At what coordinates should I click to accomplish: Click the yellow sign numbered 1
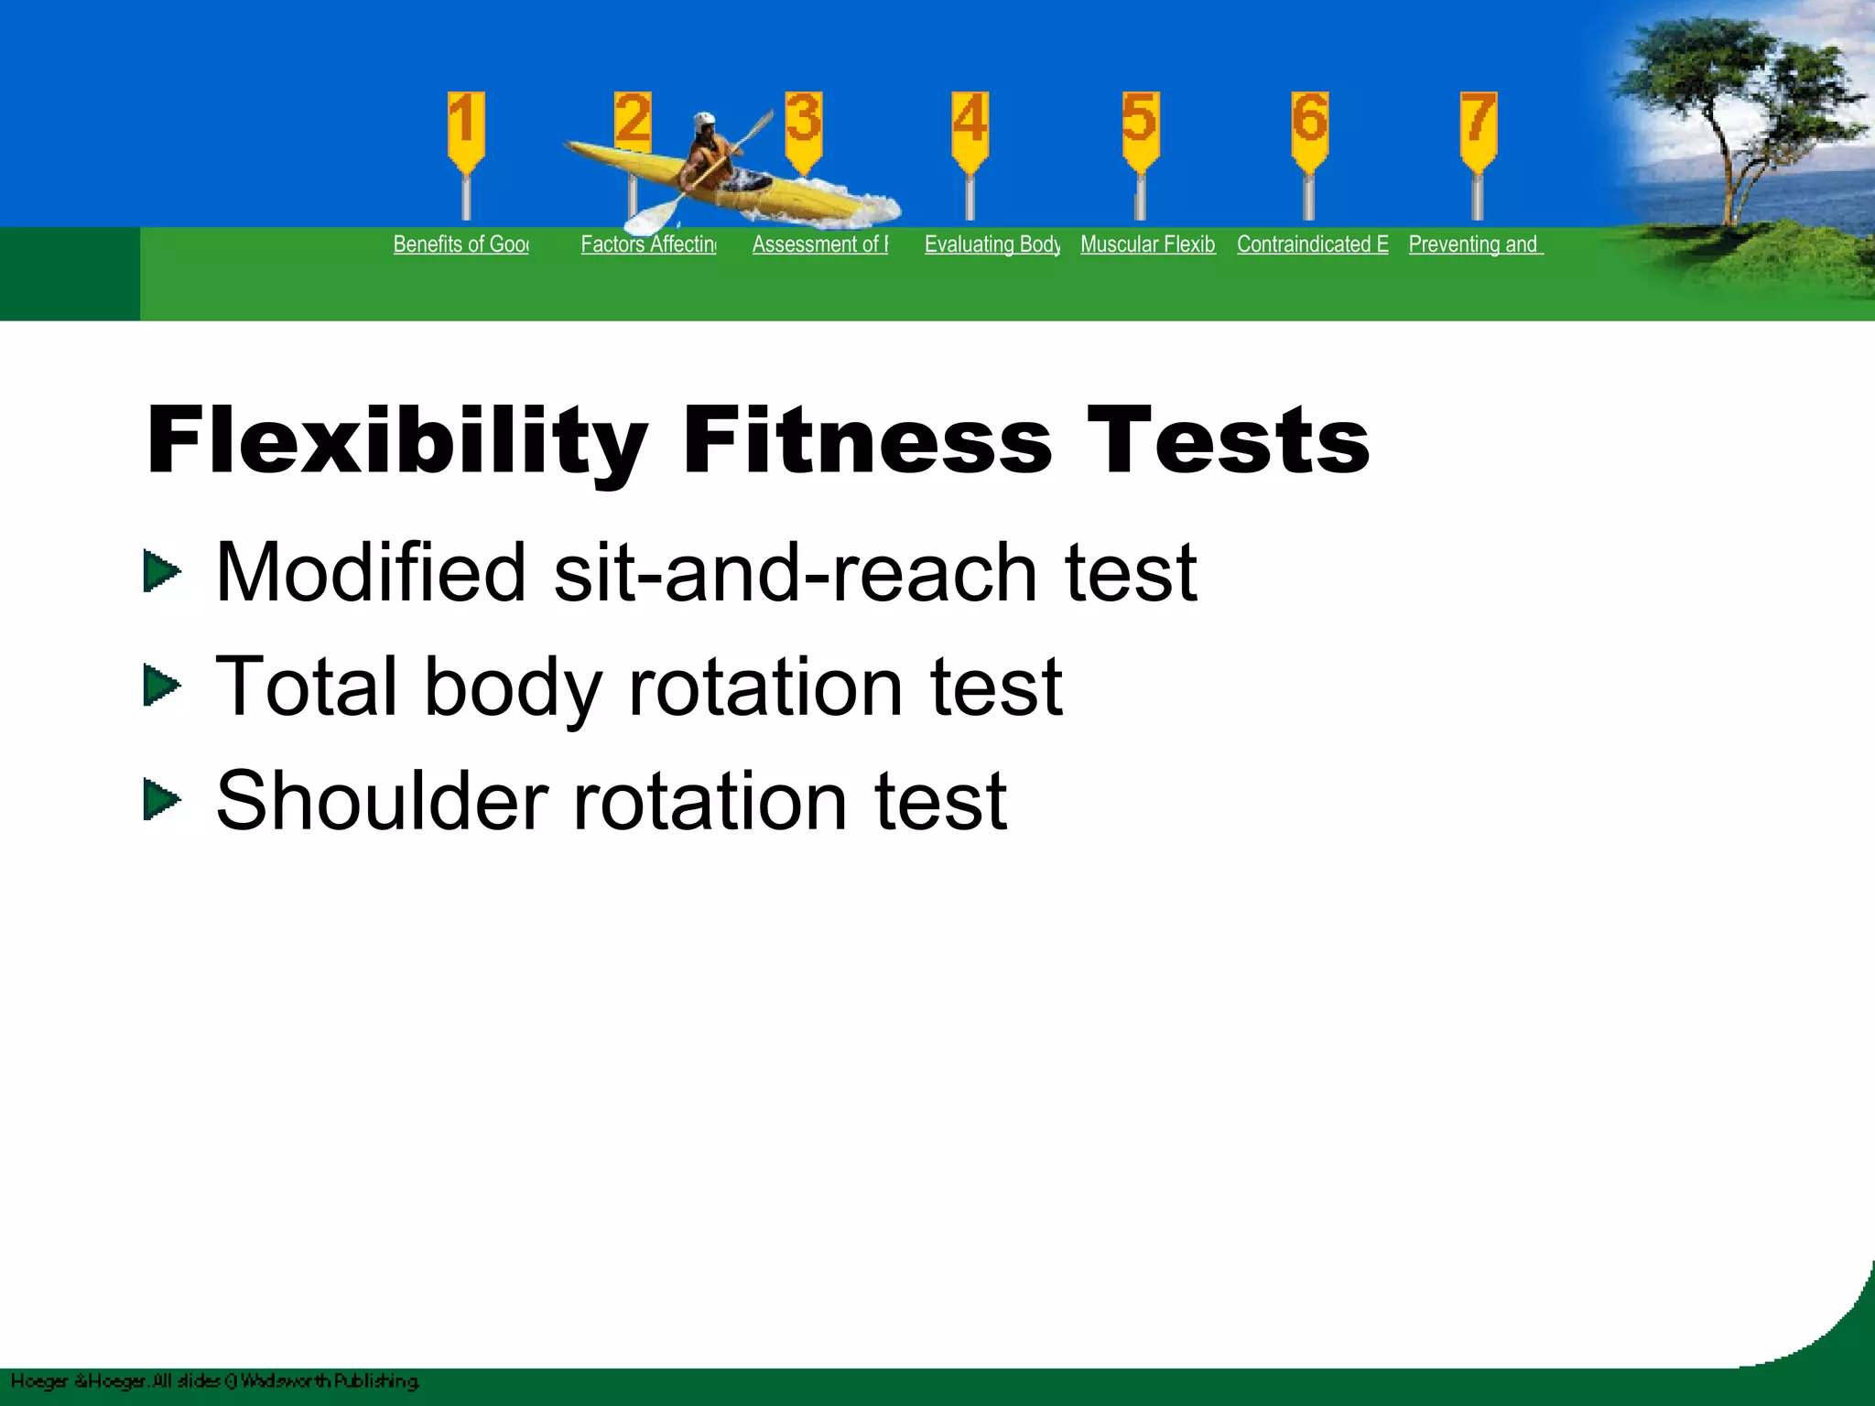click(466, 128)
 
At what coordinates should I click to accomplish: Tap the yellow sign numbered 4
click(970, 128)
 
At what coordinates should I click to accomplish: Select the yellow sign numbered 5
click(1141, 128)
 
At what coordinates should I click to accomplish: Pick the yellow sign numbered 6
click(1309, 128)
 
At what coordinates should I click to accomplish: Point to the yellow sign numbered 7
click(1478, 128)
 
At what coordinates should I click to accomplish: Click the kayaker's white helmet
click(704, 121)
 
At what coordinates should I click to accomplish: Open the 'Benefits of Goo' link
click(461, 244)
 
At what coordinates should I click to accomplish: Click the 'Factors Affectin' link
click(648, 244)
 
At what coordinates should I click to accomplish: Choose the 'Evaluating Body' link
click(992, 244)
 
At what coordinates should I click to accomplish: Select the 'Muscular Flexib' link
click(1148, 244)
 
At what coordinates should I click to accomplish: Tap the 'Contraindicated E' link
click(1312, 244)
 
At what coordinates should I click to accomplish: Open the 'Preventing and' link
click(1475, 244)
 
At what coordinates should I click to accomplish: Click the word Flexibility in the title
click(396, 441)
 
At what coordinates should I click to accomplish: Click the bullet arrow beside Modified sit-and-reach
click(162, 571)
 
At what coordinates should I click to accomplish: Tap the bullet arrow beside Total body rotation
click(162, 686)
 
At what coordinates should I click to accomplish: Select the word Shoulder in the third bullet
click(382, 801)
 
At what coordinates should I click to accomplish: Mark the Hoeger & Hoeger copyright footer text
click(215, 1380)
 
